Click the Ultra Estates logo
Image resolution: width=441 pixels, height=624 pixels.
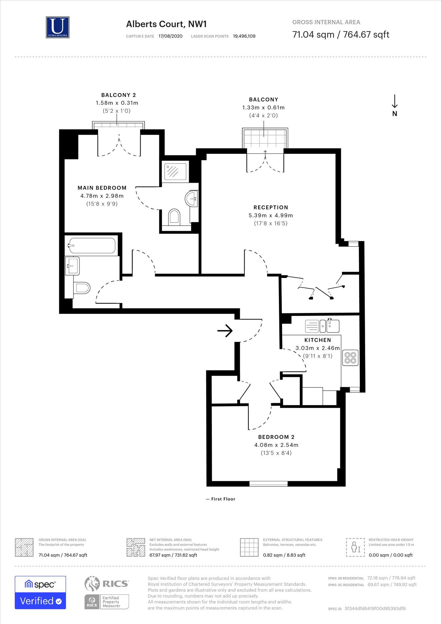[58, 27]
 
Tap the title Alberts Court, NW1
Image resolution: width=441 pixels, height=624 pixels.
[166, 24]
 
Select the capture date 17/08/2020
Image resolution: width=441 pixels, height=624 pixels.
[170, 36]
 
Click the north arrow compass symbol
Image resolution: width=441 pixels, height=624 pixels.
[395, 105]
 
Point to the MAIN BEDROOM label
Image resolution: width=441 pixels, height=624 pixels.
[102, 188]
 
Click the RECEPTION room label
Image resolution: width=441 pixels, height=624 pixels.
[271, 207]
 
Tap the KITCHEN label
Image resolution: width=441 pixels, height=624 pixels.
[317, 340]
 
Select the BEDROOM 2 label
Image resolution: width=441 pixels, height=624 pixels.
[276, 437]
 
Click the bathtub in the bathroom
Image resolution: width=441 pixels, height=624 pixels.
[92, 246]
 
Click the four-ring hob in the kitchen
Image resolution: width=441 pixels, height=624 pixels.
[350, 358]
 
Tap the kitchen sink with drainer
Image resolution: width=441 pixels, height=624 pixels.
[322, 326]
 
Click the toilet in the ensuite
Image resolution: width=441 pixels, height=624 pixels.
[174, 217]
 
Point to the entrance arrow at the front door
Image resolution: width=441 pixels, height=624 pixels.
[225, 331]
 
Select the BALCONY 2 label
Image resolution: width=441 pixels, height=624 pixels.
[119, 95]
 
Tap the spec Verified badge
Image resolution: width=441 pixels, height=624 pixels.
[40, 592]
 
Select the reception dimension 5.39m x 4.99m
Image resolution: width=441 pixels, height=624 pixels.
[271, 216]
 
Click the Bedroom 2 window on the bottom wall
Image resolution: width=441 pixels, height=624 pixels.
[269, 484]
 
